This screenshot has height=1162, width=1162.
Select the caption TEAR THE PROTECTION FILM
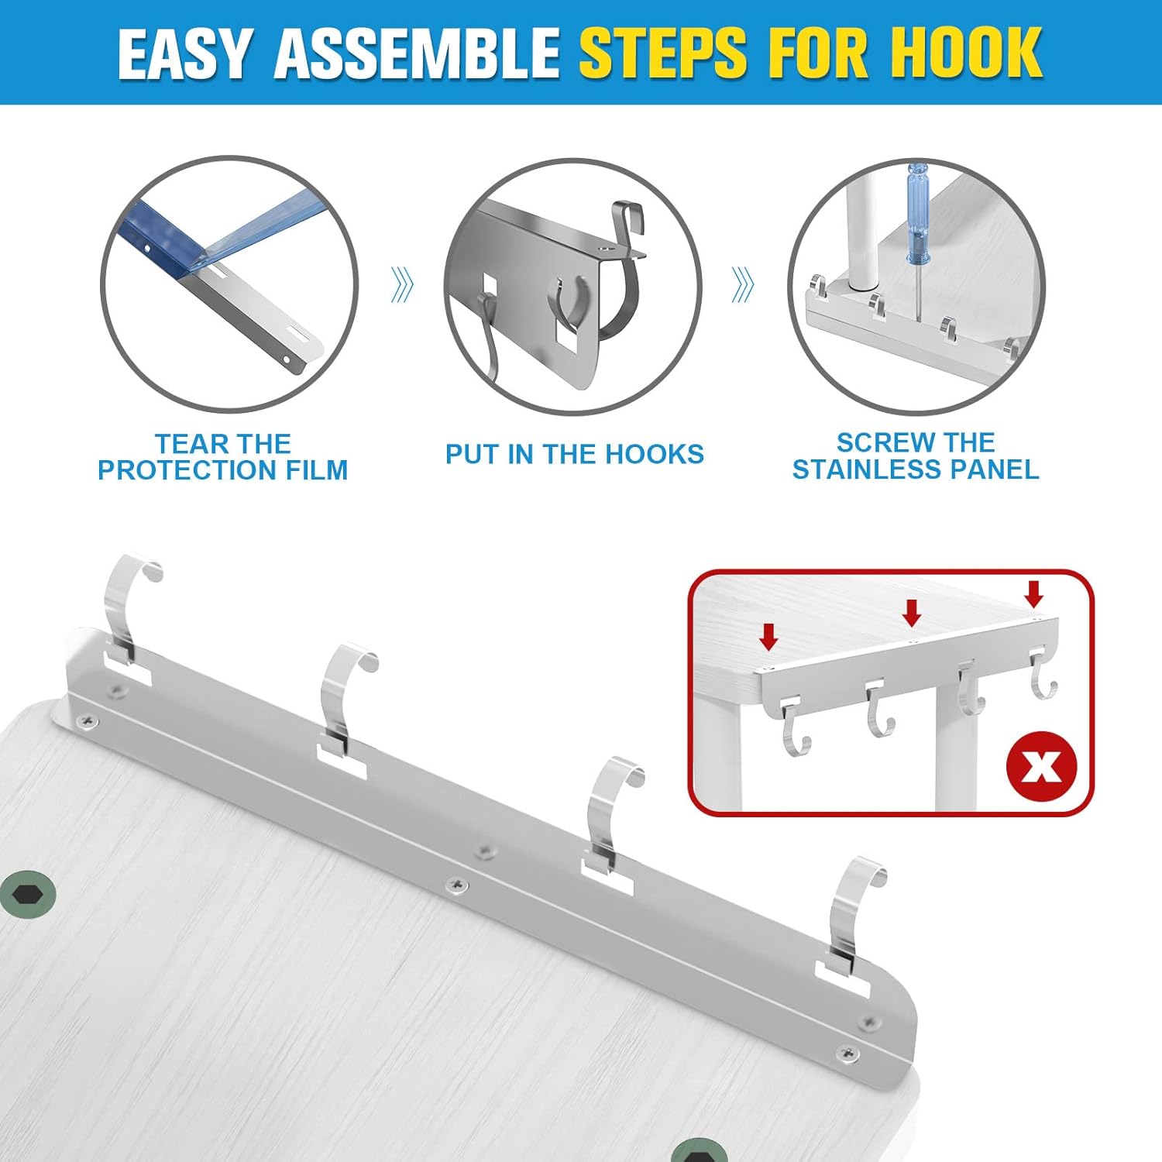(222, 457)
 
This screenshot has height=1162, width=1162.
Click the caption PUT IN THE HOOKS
(574, 454)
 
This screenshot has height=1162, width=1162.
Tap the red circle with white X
(1041, 766)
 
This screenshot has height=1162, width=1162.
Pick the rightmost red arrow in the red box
(1033, 593)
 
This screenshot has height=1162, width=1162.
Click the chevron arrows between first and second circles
(401, 286)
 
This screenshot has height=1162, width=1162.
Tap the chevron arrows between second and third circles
(742, 285)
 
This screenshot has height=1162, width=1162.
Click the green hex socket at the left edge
(27, 896)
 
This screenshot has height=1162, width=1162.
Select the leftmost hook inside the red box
(794, 728)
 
